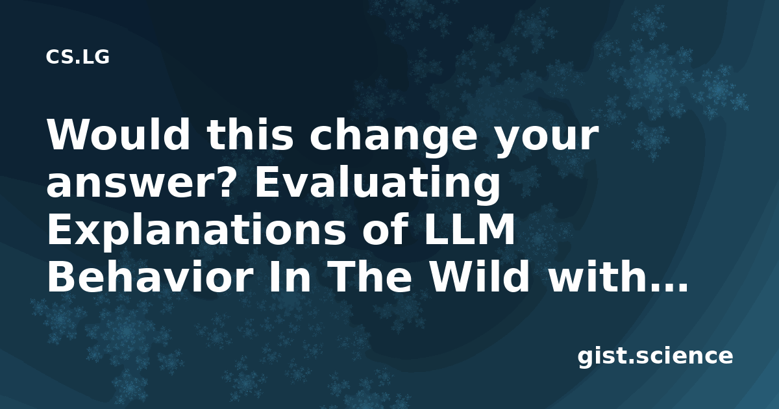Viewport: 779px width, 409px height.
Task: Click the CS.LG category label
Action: pos(77,57)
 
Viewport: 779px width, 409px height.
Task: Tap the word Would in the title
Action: pos(118,134)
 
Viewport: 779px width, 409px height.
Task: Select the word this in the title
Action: pos(250,134)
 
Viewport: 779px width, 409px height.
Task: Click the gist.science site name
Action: pos(655,357)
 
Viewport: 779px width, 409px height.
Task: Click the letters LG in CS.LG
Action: pos(97,57)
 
